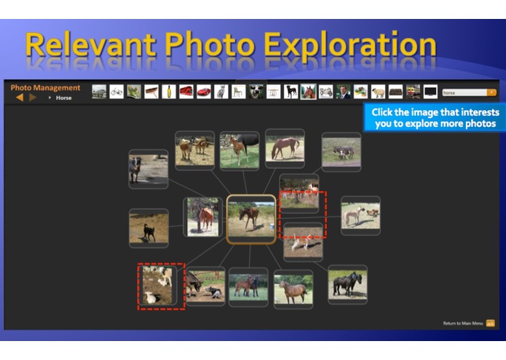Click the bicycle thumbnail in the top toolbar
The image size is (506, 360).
coord(116,92)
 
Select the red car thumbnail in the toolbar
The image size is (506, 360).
coord(204,92)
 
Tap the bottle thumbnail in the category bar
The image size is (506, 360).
coord(169,92)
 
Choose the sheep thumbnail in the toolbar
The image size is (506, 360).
coord(378,92)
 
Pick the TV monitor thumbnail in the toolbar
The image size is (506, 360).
coord(430,92)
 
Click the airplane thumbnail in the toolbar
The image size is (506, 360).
coord(99,92)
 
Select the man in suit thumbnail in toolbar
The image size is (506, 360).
coord(343,92)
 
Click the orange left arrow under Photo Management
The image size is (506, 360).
coord(20,97)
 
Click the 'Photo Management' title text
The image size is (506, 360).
coord(45,87)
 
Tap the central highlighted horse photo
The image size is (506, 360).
coord(251,219)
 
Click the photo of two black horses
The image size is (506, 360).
coord(347,283)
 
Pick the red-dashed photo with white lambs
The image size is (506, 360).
coord(161,286)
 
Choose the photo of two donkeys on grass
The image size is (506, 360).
coord(341,152)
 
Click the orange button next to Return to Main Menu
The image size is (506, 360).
coord(491,323)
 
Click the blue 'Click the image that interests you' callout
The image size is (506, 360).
coord(435,118)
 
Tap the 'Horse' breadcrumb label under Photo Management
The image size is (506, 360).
coord(64,98)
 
